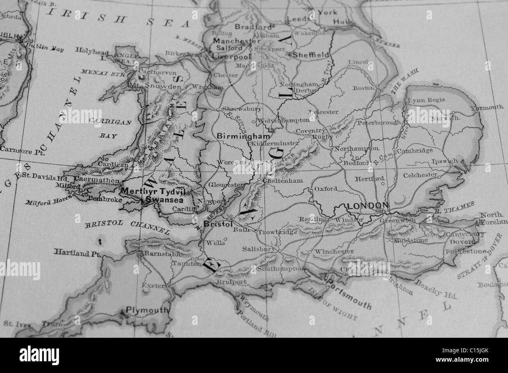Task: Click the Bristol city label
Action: (x=218, y=225)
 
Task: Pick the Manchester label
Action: (x=237, y=41)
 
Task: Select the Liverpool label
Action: (x=231, y=56)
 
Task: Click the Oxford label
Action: (x=326, y=189)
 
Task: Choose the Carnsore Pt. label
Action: (x=18, y=149)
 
